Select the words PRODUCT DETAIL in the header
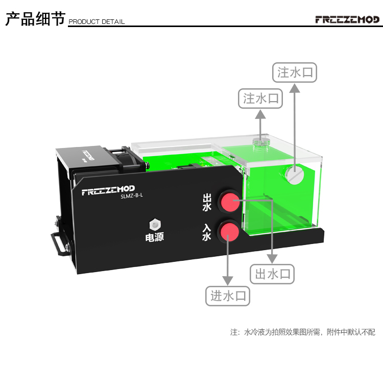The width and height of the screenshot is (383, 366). pyautogui.click(x=97, y=22)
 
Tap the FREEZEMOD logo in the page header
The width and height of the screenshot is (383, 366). pyautogui.click(x=347, y=19)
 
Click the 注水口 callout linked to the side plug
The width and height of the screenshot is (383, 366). pyautogui.click(x=294, y=72)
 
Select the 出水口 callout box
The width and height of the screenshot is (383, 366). pyautogui.click(x=273, y=274)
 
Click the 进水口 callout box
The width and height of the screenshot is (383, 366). pyautogui.click(x=228, y=296)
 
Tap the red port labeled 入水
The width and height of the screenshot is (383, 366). pyautogui.click(x=229, y=232)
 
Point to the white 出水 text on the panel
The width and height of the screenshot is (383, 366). pyautogui.click(x=207, y=202)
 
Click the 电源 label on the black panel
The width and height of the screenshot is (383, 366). pyautogui.click(x=154, y=237)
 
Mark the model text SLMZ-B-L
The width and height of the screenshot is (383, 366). pyautogui.click(x=132, y=200)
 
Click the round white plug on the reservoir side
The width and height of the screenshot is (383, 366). pyautogui.click(x=294, y=175)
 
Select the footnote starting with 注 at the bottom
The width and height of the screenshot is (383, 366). pyautogui.click(x=303, y=332)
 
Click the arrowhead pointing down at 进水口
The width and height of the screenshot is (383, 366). pyautogui.click(x=228, y=281)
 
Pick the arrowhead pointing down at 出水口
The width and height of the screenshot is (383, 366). pyautogui.click(x=273, y=259)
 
